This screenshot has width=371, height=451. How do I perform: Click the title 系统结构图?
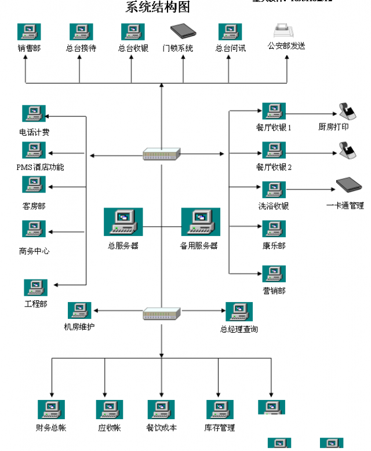pos(158,7)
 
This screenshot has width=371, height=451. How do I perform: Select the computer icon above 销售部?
pos(28,32)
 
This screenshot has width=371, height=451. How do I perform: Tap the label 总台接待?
pos(81,49)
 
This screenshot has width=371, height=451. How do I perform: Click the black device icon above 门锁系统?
pos(183,31)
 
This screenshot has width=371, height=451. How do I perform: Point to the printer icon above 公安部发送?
pos(286,30)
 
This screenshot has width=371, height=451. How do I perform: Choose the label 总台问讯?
pos(230,49)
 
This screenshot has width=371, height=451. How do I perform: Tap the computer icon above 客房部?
pos(34,185)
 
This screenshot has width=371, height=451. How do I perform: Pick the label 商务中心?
pos(34,252)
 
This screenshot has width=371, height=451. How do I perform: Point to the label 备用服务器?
pos(199,246)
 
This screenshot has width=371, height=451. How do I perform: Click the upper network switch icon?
pos(162,154)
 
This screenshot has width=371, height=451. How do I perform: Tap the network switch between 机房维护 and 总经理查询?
pos(162,314)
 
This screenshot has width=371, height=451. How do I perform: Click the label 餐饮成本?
pos(162,428)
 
